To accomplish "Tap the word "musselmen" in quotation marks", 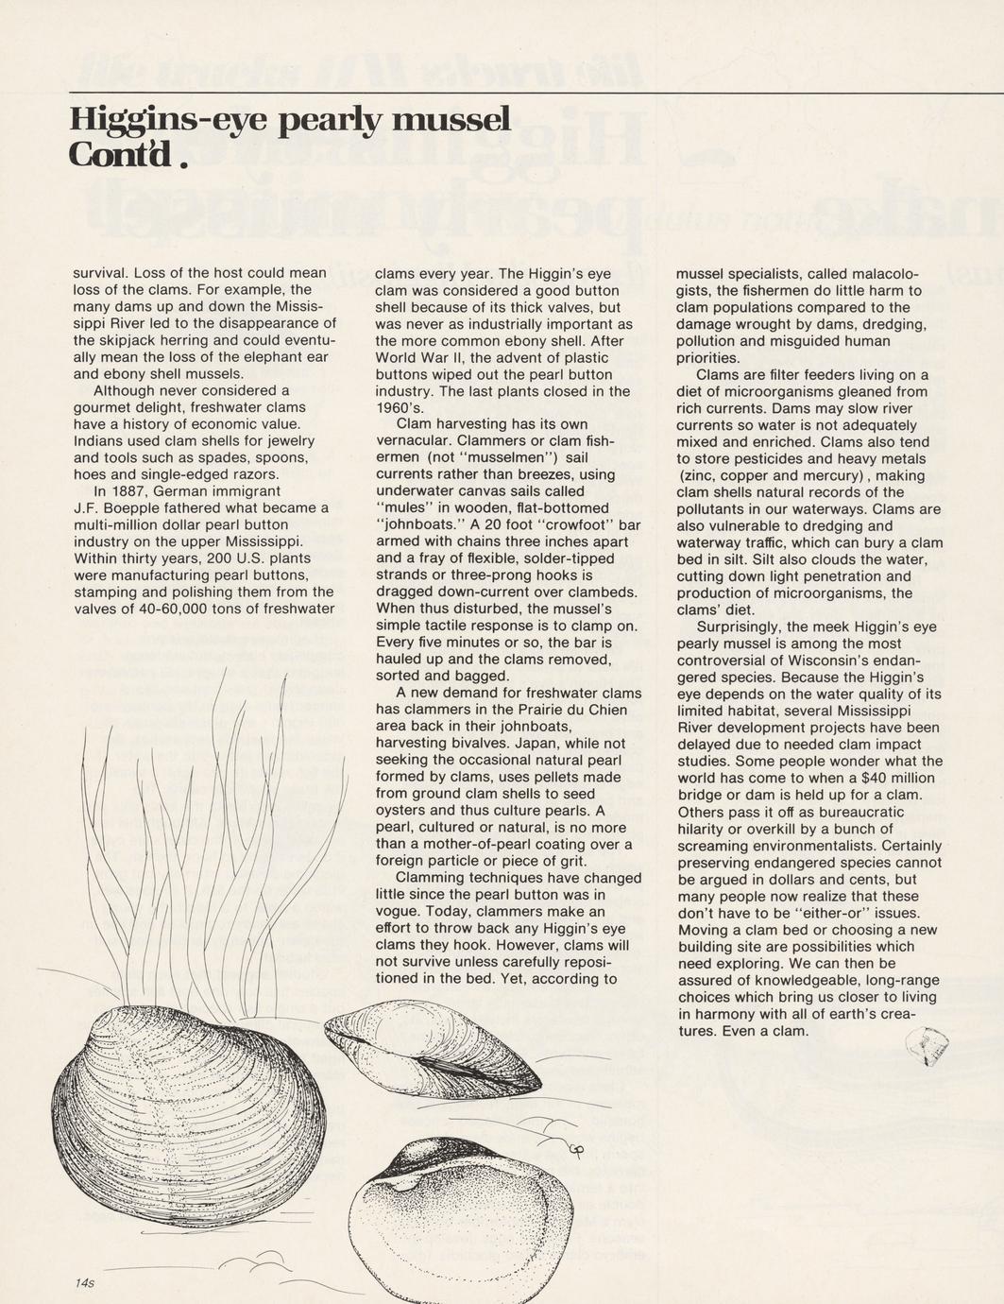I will [494, 457].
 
